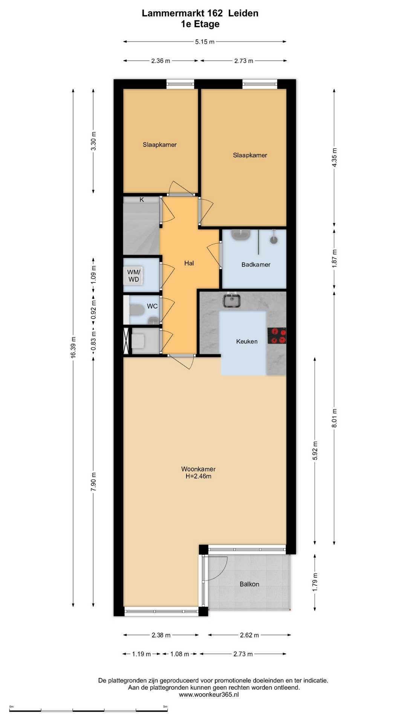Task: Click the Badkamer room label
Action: click(256, 265)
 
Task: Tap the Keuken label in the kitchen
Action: click(247, 342)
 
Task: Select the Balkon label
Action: click(249, 584)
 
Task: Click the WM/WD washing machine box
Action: click(134, 276)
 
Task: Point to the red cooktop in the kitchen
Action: click(277, 336)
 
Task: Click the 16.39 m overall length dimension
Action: click(73, 348)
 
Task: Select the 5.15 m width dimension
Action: click(205, 42)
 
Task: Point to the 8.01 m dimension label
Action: click(334, 418)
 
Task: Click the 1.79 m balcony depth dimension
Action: click(315, 582)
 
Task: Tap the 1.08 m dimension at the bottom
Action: click(180, 654)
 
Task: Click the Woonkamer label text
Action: click(198, 469)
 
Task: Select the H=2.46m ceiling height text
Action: click(198, 476)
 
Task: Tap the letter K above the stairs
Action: click(142, 200)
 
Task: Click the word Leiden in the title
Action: click(243, 13)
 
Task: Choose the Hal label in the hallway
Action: click(189, 263)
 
